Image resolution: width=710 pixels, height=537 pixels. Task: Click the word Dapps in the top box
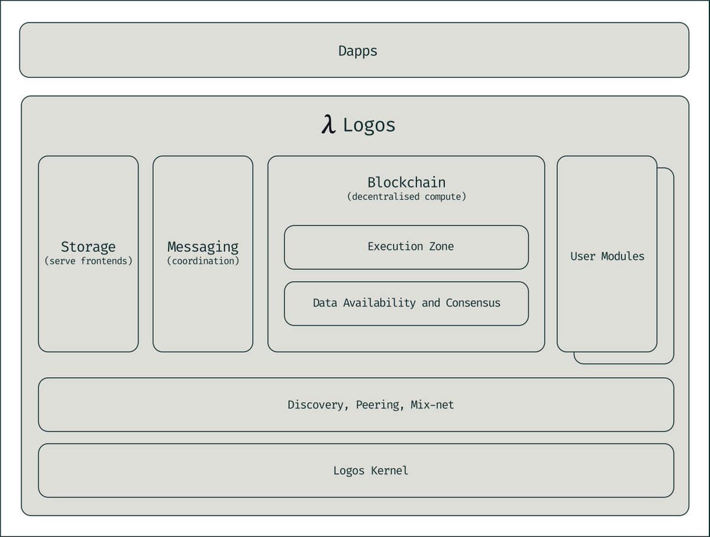[x=357, y=51]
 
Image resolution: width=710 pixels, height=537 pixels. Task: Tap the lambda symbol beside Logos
[x=328, y=125]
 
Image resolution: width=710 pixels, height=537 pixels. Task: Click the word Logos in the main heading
[x=369, y=126]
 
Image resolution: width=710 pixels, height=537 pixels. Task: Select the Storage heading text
[x=88, y=247]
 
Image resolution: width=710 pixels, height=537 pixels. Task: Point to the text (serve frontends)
[x=88, y=261]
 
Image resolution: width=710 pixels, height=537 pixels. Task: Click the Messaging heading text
[x=203, y=247]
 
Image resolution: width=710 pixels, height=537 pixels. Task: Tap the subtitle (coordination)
[x=203, y=261]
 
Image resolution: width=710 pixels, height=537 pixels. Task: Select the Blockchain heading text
[x=406, y=182]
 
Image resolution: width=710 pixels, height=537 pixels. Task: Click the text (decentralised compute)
[x=406, y=197]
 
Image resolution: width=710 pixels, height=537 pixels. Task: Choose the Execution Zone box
[x=406, y=247]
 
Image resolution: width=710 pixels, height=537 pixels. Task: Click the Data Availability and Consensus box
[x=406, y=303]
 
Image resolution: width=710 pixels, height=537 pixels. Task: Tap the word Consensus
[x=473, y=303]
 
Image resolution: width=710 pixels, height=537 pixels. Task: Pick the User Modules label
[x=607, y=256]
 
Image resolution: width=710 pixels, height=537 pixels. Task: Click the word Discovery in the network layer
[x=315, y=405]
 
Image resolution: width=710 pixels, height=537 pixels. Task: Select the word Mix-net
[x=432, y=405]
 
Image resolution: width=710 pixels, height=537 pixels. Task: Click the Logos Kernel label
[x=370, y=471]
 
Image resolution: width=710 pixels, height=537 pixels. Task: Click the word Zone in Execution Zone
[x=441, y=247]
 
